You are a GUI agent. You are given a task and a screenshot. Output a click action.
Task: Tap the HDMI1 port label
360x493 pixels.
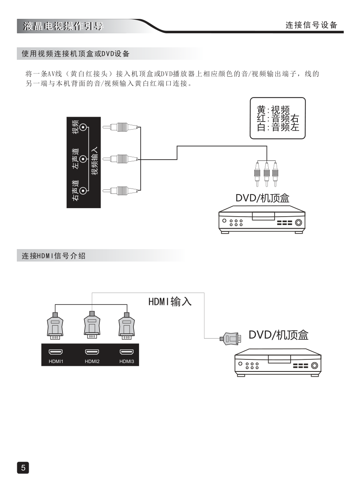[56, 361]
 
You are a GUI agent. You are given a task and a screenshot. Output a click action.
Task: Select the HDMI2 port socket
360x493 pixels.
[92, 352]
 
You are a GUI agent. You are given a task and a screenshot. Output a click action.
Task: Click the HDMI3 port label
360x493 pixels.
[127, 361]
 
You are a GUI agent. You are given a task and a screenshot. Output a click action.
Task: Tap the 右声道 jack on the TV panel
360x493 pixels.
[83, 191]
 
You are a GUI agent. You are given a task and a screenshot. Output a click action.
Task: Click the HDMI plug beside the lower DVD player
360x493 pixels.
[231, 339]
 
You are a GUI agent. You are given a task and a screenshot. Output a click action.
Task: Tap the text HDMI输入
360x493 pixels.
[170, 302]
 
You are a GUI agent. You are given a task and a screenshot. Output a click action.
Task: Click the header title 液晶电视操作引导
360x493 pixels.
[63, 27]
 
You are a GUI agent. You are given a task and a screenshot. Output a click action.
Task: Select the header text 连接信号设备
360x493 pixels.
[311, 25]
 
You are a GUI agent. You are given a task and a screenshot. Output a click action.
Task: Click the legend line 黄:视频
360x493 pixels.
[273, 110]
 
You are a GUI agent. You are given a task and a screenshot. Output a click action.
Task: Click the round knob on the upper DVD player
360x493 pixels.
[298, 223]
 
